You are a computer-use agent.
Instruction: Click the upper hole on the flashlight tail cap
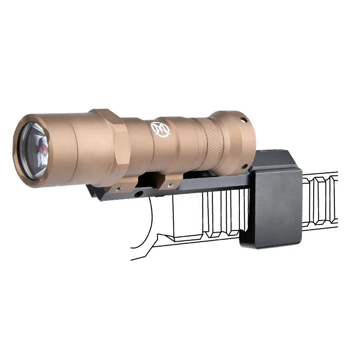pos(244,121)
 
